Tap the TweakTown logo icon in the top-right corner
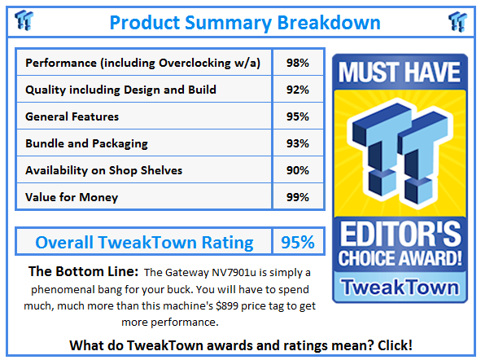coord(457,20)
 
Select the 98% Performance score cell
coord(297,63)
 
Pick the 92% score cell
coord(297,90)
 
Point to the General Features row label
coord(72,116)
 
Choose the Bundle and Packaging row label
coord(86,143)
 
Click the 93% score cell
coord(297,143)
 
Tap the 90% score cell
coord(297,170)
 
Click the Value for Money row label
coord(72,197)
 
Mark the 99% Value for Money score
coord(297,197)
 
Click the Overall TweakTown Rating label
coord(144,242)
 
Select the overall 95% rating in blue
coord(297,242)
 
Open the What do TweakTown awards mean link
coord(240,345)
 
